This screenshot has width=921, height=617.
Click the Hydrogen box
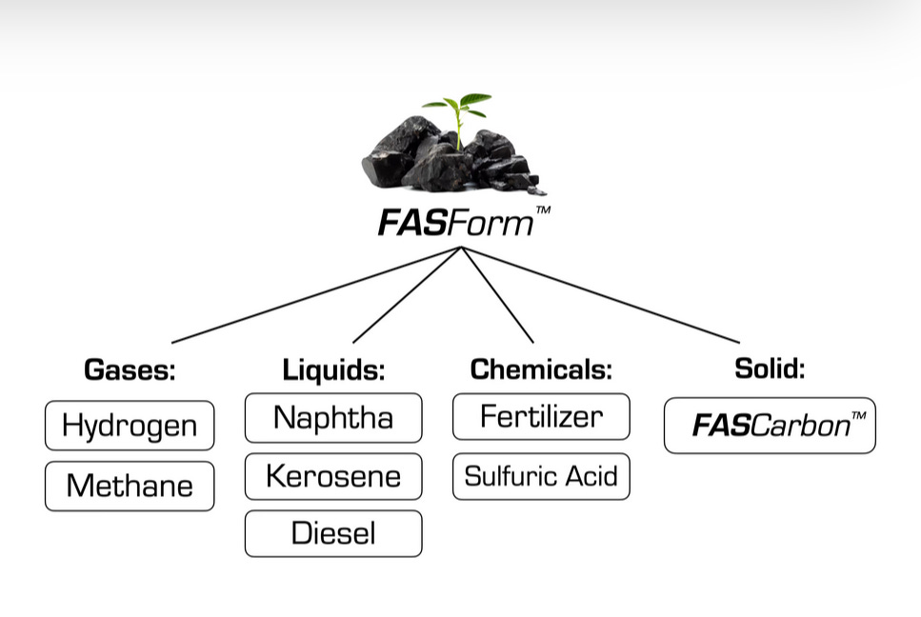tap(130, 426)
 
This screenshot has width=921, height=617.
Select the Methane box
tap(130, 486)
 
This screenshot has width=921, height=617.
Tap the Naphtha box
tap(333, 418)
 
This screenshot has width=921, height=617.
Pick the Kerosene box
tap(333, 476)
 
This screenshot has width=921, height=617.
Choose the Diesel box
tap(333, 533)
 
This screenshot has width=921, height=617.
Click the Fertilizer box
tap(541, 417)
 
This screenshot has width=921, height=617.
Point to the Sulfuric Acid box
tap(541, 476)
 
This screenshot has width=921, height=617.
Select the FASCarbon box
tap(770, 425)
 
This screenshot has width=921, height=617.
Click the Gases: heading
tap(130, 369)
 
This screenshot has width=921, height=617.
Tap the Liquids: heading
tap(333, 369)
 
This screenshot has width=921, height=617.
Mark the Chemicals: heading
tap(541, 368)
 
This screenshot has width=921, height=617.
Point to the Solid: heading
tap(770, 368)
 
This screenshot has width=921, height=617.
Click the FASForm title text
tap(455, 224)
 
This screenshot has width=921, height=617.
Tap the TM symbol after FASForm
tap(543, 211)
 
